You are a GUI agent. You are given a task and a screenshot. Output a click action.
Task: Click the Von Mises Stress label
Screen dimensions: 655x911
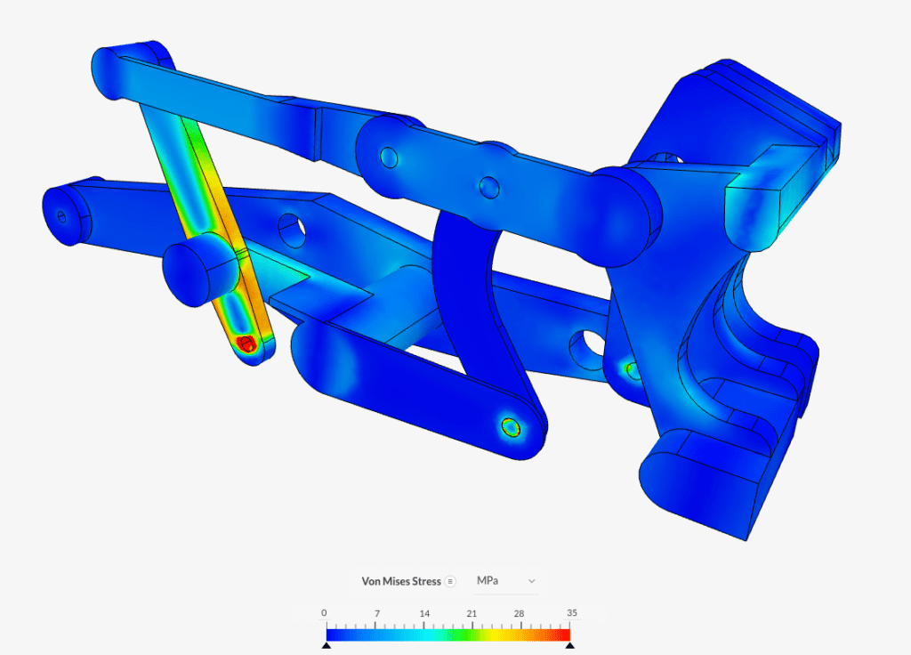point(400,581)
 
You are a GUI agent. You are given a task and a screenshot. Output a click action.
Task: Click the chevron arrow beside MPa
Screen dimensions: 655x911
point(532,581)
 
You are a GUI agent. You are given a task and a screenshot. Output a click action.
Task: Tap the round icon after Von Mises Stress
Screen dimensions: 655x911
point(450,581)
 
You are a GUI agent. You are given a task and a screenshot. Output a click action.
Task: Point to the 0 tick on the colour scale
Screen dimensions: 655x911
point(324,613)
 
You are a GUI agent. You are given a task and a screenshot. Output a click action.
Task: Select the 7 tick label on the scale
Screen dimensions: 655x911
point(376,613)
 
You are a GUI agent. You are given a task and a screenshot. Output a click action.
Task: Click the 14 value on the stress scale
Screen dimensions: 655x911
point(424,613)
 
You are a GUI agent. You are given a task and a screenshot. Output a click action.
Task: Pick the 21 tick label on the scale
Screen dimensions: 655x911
point(472,613)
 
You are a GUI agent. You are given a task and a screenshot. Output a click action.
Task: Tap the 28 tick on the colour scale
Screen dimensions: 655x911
point(520,613)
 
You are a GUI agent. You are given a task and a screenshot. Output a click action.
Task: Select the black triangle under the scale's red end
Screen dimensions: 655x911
point(569,645)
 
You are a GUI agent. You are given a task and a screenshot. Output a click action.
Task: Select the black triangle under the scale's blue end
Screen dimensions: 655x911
point(327,645)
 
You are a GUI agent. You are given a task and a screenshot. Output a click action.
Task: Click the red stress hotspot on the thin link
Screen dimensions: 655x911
point(247,343)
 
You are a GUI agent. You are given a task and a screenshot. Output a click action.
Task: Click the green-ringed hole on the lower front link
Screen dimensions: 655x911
point(511,427)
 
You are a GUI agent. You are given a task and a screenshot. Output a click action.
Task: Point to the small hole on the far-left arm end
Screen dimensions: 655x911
point(60,216)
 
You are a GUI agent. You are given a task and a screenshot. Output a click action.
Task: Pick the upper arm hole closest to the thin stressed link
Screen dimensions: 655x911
point(389,158)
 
